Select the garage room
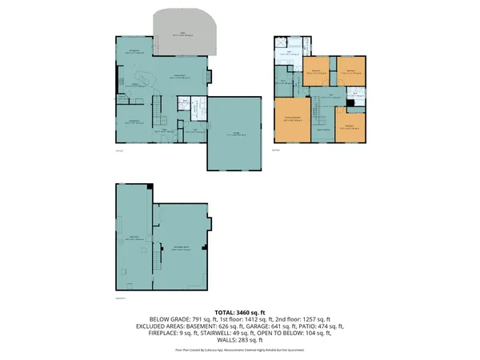click(234, 134)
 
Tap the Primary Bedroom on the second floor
click(291, 120)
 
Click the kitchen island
click(146, 78)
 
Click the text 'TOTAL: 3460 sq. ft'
click(239, 312)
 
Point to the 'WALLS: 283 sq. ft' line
click(239, 341)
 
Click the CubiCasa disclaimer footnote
click(239, 349)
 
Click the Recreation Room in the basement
click(181, 248)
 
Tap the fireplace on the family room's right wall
click(209, 77)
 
